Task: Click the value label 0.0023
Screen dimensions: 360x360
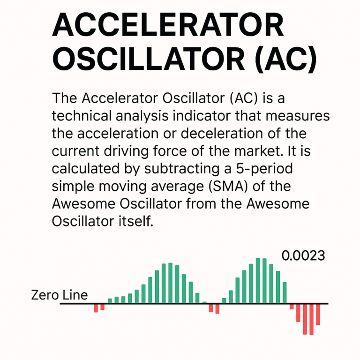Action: [x=303, y=255]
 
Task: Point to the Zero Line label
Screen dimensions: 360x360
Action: [x=59, y=295]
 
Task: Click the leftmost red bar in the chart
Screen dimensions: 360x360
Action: [x=96, y=308]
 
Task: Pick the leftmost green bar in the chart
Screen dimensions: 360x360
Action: [x=110, y=300]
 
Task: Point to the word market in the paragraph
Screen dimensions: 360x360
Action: [x=257, y=151]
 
